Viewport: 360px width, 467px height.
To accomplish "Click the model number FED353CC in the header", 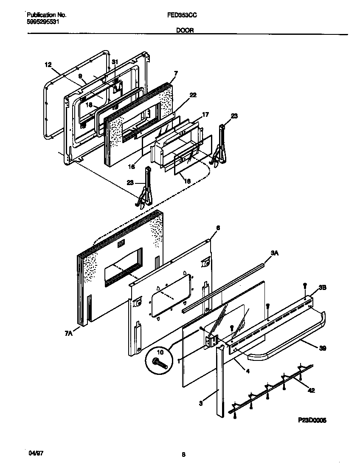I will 182,15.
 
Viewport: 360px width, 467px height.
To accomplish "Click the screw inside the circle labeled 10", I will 158,362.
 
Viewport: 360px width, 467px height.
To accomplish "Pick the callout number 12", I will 48,65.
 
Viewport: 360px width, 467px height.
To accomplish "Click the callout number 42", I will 311,391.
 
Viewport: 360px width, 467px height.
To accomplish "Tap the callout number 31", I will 115,62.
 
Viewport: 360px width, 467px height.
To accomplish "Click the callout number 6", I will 218,228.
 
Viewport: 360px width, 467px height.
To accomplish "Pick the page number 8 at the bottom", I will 183,455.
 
